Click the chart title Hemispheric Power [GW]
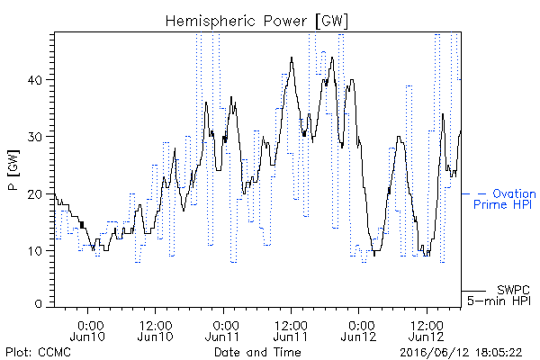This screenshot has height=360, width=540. pyautogui.click(x=256, y=22)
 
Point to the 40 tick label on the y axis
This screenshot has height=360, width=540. pyautogui.click(x=34, y=81)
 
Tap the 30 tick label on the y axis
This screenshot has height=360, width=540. pyautogui.click(x=34, y=137)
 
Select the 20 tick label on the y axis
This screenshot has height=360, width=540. pyautogui.click(x=34, y=194)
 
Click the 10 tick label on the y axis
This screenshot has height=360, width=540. pyautogui.click(x=35, y=251)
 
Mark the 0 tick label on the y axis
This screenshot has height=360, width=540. pyautogui.click(x=38, y=304)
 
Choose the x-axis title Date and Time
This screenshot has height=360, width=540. pyautogui.click(x=257, y=352)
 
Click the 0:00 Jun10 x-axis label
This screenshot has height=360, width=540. pyautogui.click(x=88, y=330)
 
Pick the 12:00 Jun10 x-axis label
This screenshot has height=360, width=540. pyautogui.click(x=156, y=330)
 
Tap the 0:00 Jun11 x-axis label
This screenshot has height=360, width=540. pyautogui.click(x=223, y=330)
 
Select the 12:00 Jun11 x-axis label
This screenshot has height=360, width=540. pyautogui.click(x=291, y=330)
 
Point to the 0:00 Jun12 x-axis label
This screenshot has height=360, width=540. pyautogui.click(x=359, y=330)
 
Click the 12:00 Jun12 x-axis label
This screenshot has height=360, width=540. pyautogui.click(x=427, y=330)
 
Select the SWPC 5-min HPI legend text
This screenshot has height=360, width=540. pyautogui.click(x=499, y=295)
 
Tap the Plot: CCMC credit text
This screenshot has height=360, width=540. pyautogui.click(x=38, y=352)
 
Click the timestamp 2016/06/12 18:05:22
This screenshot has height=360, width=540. pyautogui.click(x=461, y=353)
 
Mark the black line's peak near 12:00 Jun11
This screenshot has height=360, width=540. pyautogui.click(x=292, y=58)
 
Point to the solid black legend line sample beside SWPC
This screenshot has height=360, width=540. pyautogui.click(x=473, y=291)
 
